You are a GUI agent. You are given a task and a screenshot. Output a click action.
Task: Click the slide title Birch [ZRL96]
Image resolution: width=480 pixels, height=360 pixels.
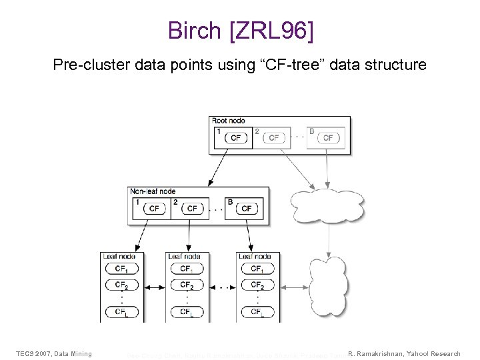239,31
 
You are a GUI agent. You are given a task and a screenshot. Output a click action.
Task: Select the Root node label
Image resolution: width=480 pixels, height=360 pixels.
229,121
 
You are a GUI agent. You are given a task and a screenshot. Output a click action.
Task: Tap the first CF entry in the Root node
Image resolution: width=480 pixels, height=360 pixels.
236,138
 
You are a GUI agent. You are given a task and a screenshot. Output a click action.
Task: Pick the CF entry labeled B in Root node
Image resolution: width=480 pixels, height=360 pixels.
328,138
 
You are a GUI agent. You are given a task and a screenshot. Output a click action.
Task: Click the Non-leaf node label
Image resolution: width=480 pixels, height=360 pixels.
153,191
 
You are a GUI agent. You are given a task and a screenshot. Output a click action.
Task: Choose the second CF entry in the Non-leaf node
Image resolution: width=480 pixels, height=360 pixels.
192,209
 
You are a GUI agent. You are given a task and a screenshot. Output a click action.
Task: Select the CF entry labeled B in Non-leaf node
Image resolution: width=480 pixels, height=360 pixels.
247,209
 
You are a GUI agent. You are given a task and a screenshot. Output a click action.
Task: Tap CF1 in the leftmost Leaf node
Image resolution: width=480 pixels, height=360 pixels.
122,269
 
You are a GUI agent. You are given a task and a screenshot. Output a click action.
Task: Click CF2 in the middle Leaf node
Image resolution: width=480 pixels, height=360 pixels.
187,285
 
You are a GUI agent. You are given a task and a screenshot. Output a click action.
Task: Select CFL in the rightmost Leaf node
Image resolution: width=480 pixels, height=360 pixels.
257,311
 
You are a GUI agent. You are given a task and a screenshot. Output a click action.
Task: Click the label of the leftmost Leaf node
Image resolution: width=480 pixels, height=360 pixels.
119,256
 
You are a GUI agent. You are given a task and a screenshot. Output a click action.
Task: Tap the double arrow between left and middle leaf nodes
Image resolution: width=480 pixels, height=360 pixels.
155,287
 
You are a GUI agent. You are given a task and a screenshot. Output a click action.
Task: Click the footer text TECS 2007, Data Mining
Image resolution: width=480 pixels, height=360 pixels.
54,353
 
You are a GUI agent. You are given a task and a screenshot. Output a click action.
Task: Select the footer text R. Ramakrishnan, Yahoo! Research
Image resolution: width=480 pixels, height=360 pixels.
404,353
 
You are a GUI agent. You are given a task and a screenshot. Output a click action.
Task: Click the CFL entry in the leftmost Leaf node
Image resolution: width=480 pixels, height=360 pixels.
122,311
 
